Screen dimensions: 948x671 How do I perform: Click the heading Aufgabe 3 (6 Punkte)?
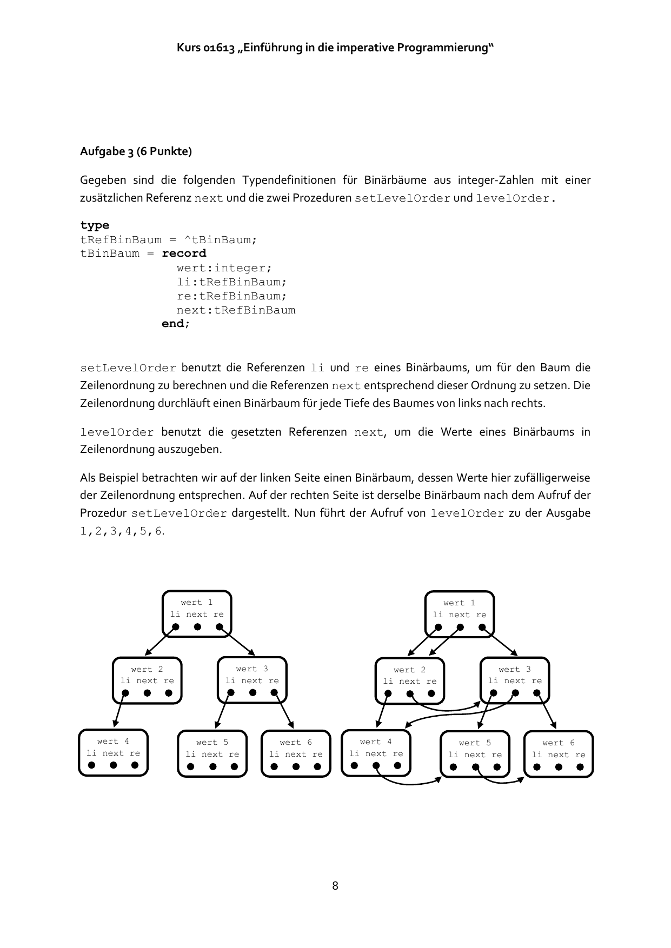point(136,151)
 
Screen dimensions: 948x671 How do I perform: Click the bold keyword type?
point(95,225)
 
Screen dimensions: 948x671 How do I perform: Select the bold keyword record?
point(184,253)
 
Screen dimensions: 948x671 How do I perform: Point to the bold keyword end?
point(173,324)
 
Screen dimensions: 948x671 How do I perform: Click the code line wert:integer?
point(224,268)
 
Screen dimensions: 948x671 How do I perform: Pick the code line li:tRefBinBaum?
point(231,282)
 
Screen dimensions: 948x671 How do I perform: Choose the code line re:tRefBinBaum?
point(231,296)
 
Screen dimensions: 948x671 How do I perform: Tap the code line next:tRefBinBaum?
point(236,310)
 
